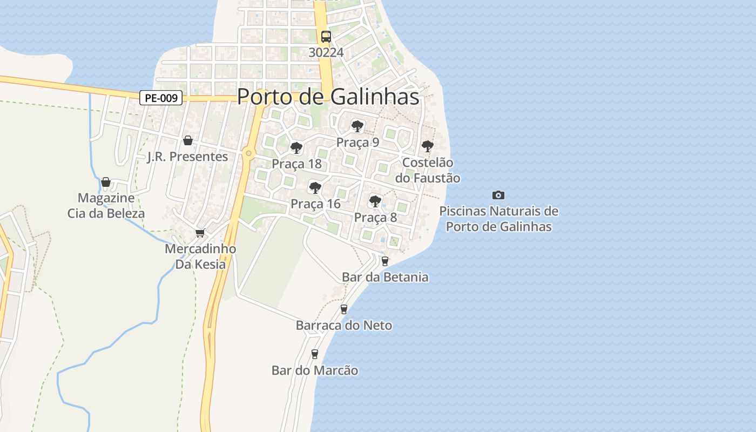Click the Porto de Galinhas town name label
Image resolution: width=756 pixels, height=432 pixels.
(x=328, y=97)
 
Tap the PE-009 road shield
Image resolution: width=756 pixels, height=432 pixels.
(x=161, y=98)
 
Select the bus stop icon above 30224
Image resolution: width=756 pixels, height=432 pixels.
(x=326, y=37)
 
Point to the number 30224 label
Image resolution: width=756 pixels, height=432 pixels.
(x=326, y=52)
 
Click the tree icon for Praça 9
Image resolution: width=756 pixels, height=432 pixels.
(x=357, y=126)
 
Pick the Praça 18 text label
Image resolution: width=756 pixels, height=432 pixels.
(x=296, y=164)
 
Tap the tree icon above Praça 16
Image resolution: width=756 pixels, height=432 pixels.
(x=315, y=188)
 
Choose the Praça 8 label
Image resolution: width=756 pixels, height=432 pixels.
(x=375, y=218)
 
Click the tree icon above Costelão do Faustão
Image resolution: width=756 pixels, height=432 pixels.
(x=427, y=146)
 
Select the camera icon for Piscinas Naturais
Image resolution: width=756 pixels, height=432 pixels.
(x=498, y=195)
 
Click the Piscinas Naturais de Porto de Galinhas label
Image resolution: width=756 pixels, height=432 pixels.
(x=499, y=219)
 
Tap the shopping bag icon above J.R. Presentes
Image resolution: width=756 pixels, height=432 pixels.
(x=188, y=140)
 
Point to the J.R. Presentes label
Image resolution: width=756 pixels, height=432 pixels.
(x=188, y=157)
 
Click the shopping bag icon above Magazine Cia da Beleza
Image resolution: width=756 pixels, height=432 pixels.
(x=106, y=182)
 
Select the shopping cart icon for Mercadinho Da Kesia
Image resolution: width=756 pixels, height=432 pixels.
(x=200, y=233)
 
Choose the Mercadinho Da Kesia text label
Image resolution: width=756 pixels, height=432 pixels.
(x=200, y=256)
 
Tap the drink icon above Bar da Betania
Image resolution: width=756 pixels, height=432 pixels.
(x=385, y=261)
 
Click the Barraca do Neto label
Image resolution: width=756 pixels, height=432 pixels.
(x=344, y=326)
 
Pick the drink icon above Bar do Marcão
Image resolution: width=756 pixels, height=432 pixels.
(x=315, y=354)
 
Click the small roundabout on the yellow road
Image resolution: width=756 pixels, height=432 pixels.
(x=248, y=153)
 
